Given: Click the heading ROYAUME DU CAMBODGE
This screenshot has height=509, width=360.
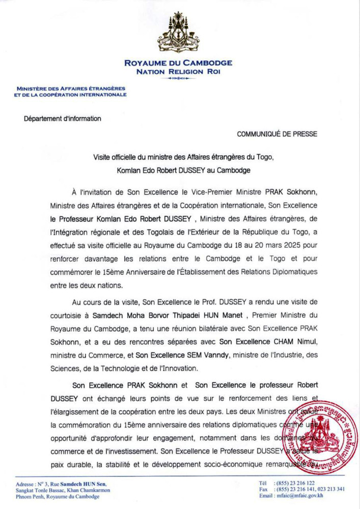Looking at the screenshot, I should click(x=178, y=64).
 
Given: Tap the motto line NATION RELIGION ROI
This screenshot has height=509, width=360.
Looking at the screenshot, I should click(x=178, y=72).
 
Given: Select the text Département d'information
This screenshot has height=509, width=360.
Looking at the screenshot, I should click(x=62, y=119).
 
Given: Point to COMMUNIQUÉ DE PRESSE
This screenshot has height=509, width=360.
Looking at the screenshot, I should click(x=277, y=134).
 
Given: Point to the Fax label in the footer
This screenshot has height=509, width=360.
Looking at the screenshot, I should click(x=263, y=489).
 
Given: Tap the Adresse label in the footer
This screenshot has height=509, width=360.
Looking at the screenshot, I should click(x=25, y=484).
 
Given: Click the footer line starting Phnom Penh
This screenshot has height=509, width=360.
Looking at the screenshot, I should click(x=58, y=497).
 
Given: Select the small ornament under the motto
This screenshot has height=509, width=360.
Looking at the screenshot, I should click(x=178, y=79).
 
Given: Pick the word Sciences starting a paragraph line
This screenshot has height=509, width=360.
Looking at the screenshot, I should click(x=63, y=367).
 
